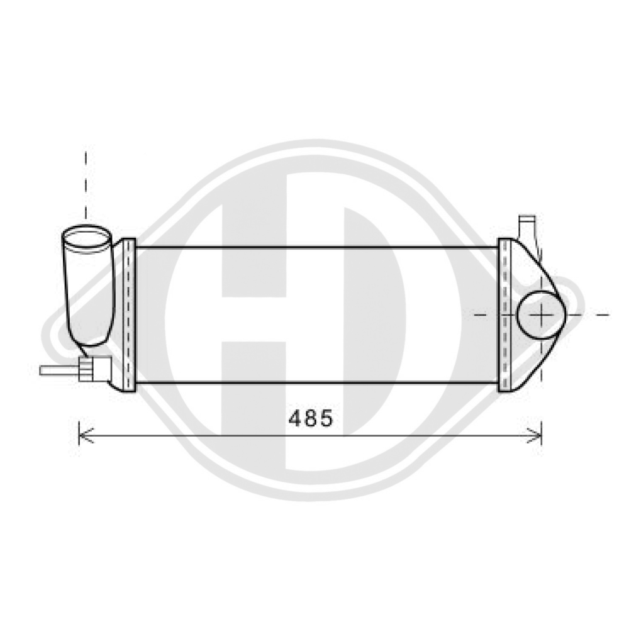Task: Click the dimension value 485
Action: click(310, 418)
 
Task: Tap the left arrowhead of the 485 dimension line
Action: click(82, 433)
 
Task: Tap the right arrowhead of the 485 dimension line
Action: click(538, 433)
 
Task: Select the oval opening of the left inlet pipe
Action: click(86, 238)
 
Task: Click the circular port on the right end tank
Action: click(540, 313)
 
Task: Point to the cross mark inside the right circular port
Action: click(542, 313)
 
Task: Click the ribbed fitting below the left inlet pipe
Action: click(94, 367)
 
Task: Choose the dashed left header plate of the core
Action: click(129, 314)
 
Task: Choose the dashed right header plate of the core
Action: click(505, 314)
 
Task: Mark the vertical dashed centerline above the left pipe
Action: click(86, 182)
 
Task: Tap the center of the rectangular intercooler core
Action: click(317, 314)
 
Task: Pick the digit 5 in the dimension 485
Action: click(326, 418)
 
